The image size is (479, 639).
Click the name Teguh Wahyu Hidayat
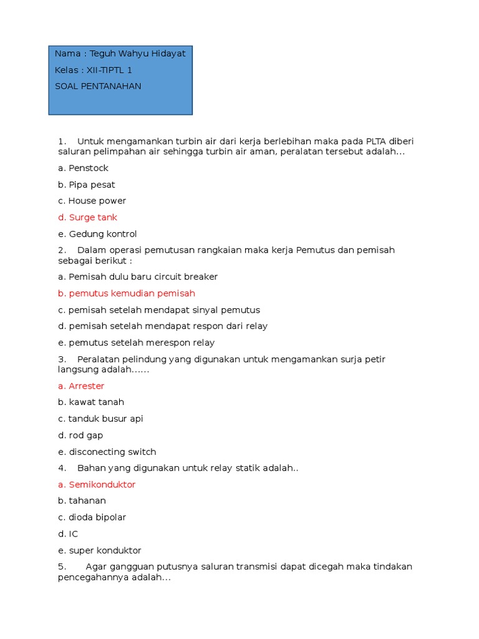pos(137,54)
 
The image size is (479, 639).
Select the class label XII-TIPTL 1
pos(109,70)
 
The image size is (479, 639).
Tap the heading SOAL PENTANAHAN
pos(98,86)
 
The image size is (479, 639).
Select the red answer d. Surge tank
pos(87,217)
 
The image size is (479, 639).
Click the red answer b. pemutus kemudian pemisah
pos(127,293)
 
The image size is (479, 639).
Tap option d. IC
pos(68,534)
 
